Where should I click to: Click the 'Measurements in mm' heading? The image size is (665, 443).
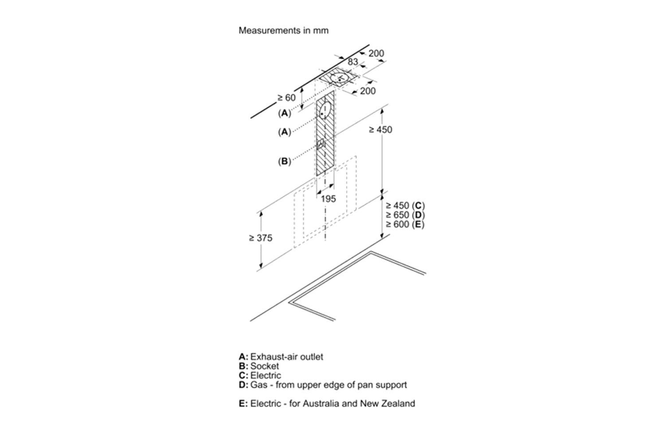pyautogui.click(x=284, y=31)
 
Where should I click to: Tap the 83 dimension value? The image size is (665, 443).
pyautogui.click(x=353, y=62)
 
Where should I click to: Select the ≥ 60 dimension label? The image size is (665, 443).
pyautogui.click(x=286, y=97)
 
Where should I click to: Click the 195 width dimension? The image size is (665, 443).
pyautogui.click(x=328, y=199)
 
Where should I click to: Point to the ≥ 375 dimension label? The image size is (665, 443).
pyautogui.click(x=261, y=238)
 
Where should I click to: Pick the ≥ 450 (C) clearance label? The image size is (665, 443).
pyautogui.click(x=405, y=206)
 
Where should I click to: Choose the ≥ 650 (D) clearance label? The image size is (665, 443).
pyautogui.click(x=405, y=215)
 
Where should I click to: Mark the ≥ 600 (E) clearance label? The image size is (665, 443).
pyautogui.click(x=405, y=224)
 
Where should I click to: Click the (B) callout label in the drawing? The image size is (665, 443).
pyautogui.click(x=284, y=161)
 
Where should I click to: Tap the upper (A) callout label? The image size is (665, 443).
pyautogui.click(x=284, y=113)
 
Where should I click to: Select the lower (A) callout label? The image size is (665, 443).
pyautogui.click(x=284, y=132)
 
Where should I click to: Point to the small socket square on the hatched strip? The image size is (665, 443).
pyautogui.click(x=321, y=144)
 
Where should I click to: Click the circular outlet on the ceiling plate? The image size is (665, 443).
pyautogui.click(x=340, y=79)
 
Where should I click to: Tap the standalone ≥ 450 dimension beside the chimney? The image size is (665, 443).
pyautogui.click(x=380, y=129)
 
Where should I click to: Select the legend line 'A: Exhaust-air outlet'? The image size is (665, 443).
pyautogui.click(x=281, y=357)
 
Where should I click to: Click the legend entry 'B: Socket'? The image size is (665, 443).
pyautogui.click(x=259, y=366)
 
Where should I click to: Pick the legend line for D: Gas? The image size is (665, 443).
pyautogui.click(x=323, y=385)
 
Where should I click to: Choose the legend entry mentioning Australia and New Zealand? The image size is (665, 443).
pyautogui.click(x=327, y=404)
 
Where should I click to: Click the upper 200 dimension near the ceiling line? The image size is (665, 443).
pyautogui.click(x=376, y=54)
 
